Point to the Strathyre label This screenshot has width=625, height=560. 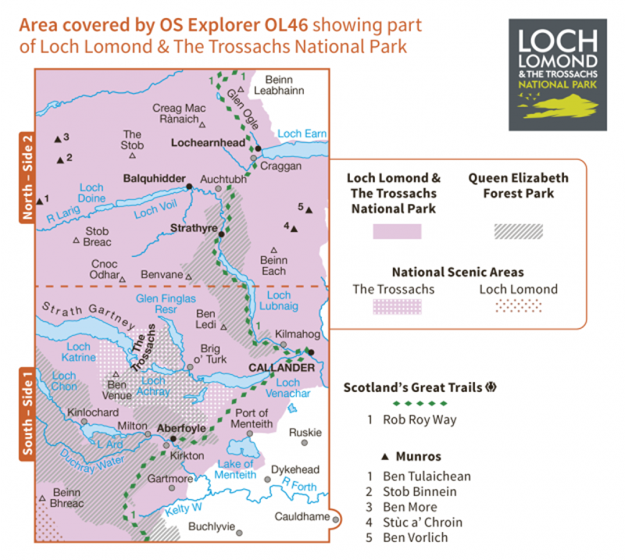click(193, 229)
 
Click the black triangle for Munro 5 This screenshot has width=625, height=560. click(309, 210)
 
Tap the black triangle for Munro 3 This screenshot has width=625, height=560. click(57, 139)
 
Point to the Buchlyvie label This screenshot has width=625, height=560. click(212, 526)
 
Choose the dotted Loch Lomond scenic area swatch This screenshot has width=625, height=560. click(518, 305)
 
